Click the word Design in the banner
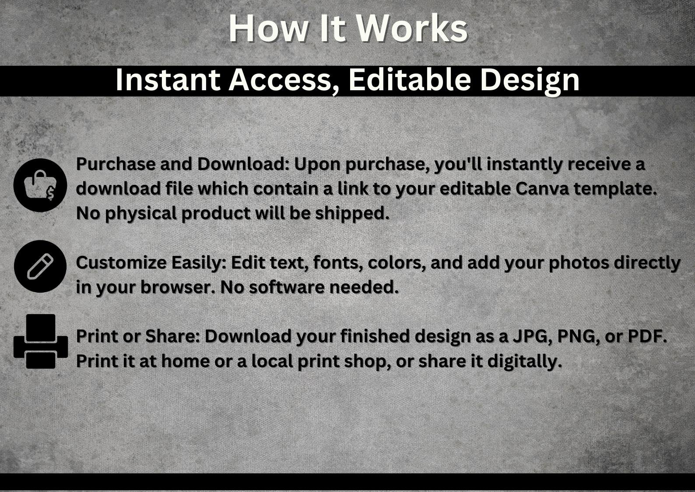pos(530,81)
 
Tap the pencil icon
pos(40,266)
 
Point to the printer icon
pos(41,341)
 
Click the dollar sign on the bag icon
pos(51,194)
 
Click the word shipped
pos(352,214)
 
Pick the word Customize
pos(121,263)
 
